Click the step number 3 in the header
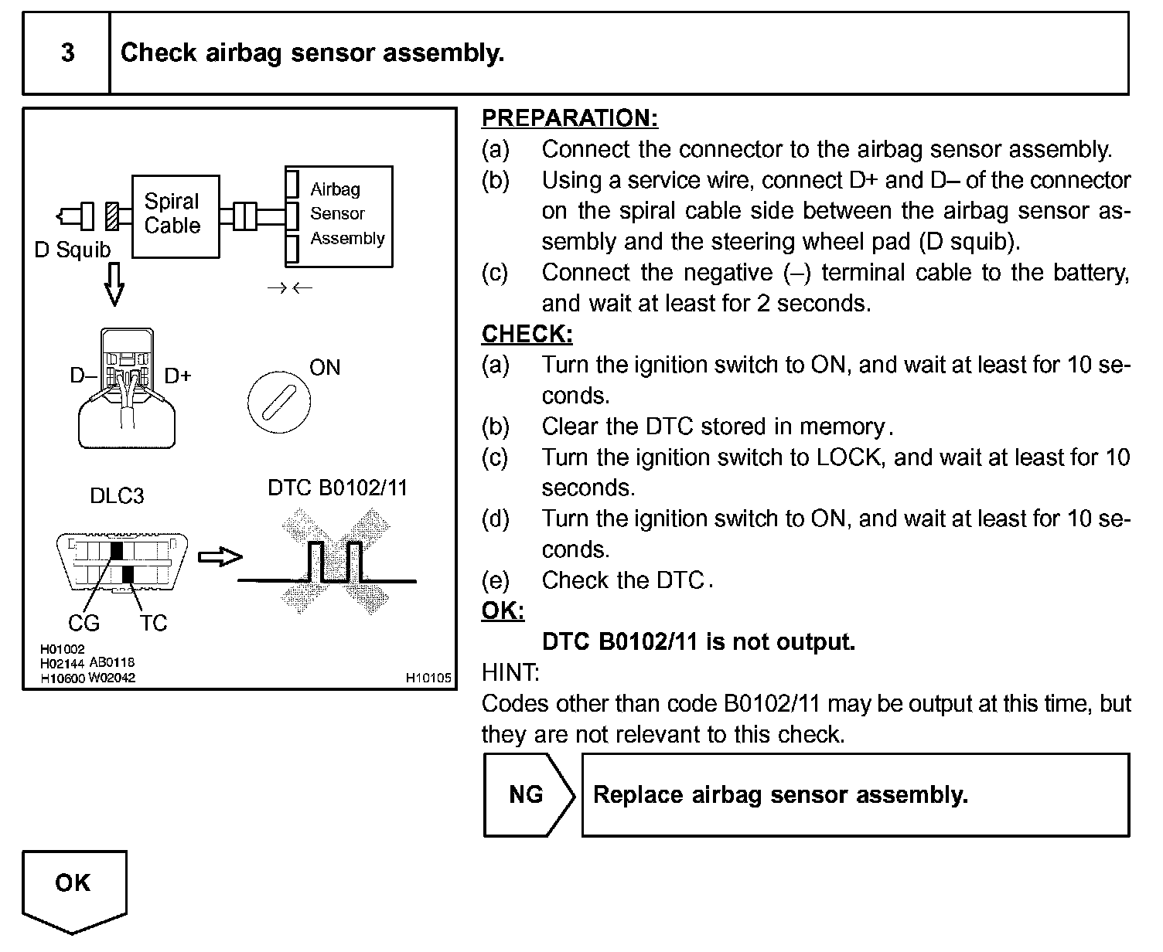[67, 53]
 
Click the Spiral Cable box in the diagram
[175, 216]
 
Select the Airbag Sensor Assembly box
[339, 216]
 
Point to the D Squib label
[73, 250]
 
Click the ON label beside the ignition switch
[325, 368]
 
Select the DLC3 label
[117, 496]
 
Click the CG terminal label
[84, 623]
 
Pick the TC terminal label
[153, 623]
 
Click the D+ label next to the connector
[178, 376]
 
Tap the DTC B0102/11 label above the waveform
[337, 488]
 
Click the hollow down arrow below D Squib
[114, 284]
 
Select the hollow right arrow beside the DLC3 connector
[220, 556]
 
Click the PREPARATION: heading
[570, 118]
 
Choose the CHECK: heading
[527, 334]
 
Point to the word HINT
[510, 673]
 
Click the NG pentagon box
[527, 795]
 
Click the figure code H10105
[428, 678]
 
